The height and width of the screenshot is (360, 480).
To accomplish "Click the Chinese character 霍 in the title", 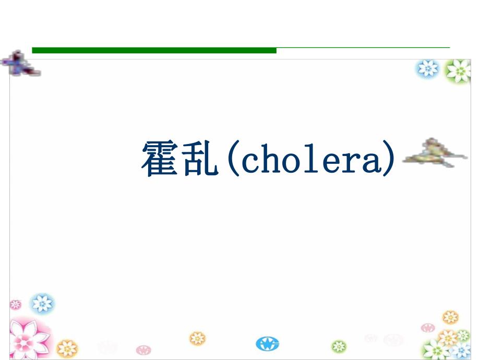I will point(159,159).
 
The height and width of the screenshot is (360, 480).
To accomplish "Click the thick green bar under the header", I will point(154,50).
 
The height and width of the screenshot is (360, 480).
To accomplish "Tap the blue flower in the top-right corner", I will point(428,68).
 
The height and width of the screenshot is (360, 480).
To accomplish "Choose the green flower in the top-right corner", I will point(459,70).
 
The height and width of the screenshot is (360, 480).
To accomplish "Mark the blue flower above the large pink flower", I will point(42,303).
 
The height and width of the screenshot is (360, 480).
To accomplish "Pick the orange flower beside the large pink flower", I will point(67,347).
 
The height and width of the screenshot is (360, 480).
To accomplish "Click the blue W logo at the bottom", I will point(268,343).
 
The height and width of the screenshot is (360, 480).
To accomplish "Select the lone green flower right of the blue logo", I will point(339,346).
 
